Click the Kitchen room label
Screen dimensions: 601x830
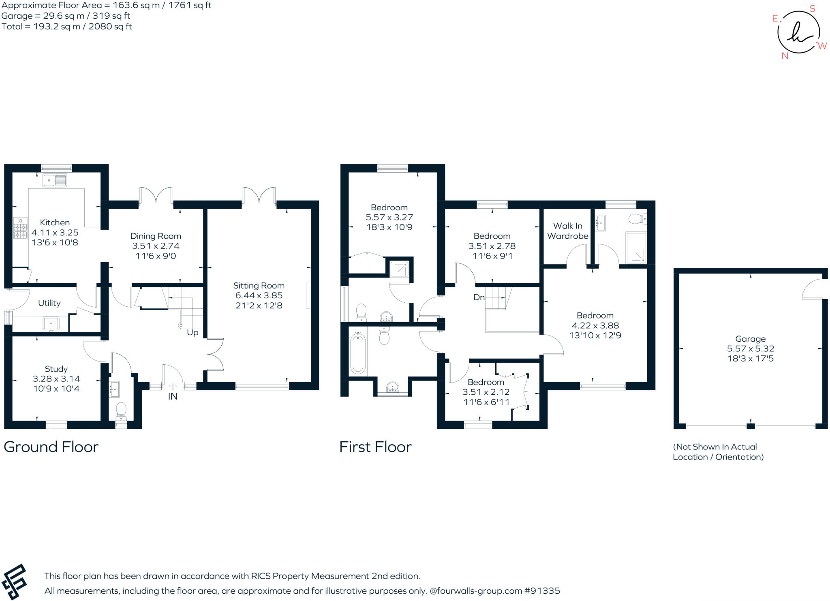tap(55, 222)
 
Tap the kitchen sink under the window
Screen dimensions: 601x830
tap(55, 180)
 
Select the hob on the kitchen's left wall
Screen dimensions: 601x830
tap(20, 228)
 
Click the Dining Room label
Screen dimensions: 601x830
tap(156, 236)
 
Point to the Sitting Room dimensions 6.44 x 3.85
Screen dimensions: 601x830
tap(259, 295)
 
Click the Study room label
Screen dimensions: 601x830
tap(56, 369)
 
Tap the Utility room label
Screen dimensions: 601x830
tap(49, 303)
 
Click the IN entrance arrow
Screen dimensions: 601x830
tap(173, 387)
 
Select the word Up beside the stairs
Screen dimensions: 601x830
tap(193, 333)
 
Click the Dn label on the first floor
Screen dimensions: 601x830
tap(479, 297)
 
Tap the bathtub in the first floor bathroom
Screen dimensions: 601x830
tap(358, 353)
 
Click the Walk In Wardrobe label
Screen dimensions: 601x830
tap(567, 231)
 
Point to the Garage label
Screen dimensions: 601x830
tap(750, 339)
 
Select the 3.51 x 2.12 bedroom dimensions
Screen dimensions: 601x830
tap(486, 392)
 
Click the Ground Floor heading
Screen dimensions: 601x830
tap(51, 447)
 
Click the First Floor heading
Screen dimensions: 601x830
tap(375, 447)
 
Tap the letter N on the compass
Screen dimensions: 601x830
tap(785, 56)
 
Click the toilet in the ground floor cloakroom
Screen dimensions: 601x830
tap(121, 411)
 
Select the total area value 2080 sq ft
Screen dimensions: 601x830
tap(110, 27)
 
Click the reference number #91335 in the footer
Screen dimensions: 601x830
tap(542, 591)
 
